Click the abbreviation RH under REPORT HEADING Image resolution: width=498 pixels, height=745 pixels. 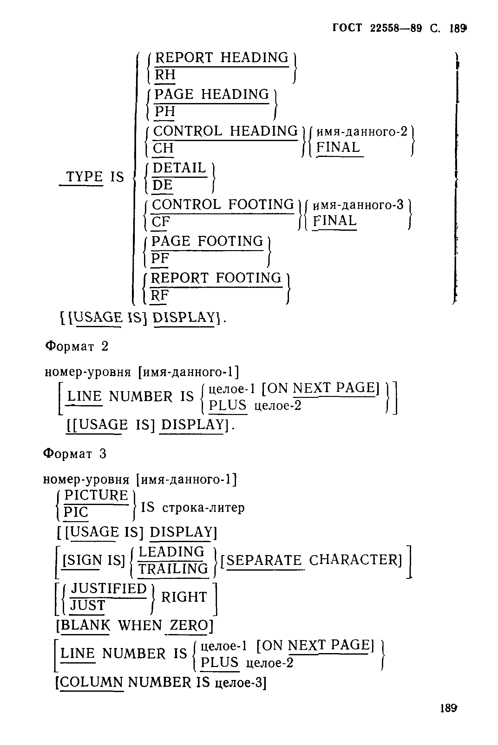point(165,75)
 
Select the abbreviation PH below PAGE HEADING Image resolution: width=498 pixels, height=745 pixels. point(165,112)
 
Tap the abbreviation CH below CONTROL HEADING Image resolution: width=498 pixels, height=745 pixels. point(163,149)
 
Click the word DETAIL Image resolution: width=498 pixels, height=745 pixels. point(180,168)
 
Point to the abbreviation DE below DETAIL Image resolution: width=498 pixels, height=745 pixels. point(163,185)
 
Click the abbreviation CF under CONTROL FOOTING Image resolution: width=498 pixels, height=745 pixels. point(161,222)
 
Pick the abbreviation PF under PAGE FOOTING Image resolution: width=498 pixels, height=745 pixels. point(160,259)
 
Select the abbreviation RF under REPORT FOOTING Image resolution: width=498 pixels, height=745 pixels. point(160,295)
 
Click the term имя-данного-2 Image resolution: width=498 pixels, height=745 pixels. point(362,132)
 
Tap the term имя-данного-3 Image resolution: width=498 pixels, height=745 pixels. point(358,205)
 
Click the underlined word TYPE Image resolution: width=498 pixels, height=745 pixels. point(84,177)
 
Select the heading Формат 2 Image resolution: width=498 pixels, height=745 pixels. point(77,346)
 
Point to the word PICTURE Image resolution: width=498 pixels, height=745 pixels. point(96,496)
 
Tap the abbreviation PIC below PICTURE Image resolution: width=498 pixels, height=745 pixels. point(76,512)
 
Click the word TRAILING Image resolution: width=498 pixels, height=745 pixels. point(173,569)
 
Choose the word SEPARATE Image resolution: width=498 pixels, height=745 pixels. point(264,560)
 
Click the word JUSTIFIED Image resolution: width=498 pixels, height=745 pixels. point(108,588)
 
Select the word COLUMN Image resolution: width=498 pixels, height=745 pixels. point(91,682)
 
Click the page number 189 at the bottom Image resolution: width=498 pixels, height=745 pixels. point(448,717)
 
